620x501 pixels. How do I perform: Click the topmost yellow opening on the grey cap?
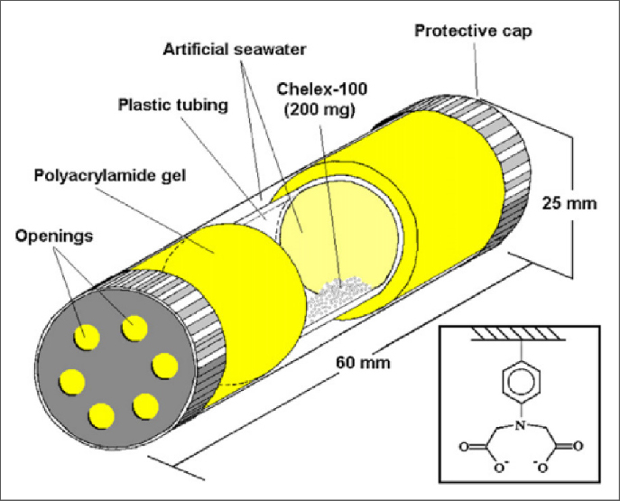coord(134,328)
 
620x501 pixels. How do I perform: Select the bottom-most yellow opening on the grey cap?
coord(99,414)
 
